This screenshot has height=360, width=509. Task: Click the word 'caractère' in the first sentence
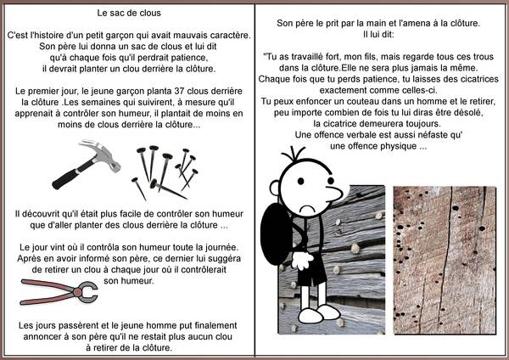coord(224,34)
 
